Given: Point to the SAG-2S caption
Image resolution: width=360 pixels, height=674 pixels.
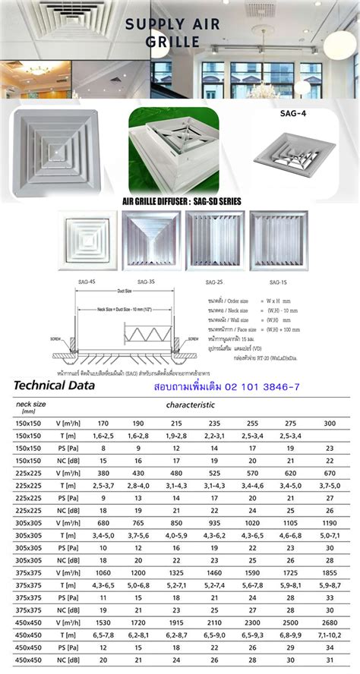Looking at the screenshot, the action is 214,282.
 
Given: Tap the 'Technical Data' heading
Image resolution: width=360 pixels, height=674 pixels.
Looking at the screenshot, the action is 55,386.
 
